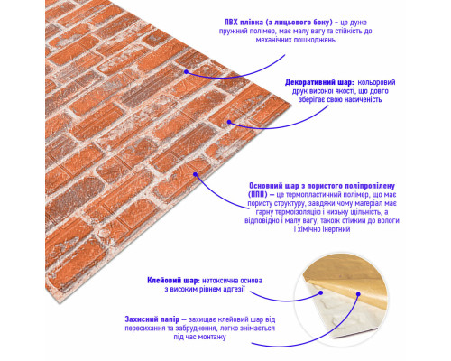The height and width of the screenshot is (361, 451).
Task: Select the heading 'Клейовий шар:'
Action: (173, 281)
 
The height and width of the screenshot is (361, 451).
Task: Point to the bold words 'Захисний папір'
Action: (152, 319)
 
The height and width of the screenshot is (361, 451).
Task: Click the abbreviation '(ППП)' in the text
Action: (258, 194)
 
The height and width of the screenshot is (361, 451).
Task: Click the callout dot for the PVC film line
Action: (187, 72)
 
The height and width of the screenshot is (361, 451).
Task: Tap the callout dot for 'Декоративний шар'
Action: (229, 122)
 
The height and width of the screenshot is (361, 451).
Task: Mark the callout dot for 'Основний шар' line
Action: (195, 174)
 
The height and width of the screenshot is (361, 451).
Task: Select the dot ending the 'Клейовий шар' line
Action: (321, 292)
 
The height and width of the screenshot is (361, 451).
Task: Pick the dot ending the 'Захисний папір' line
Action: (358, 294)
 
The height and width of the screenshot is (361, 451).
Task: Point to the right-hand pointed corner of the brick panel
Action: (290, 105)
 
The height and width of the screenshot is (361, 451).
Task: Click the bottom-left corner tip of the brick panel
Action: (59, 302)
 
